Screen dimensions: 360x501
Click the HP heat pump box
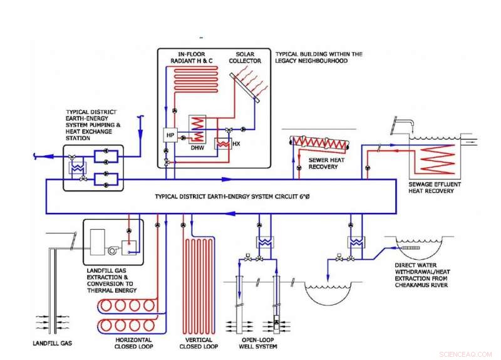pyautogui.click(x=169, y=135)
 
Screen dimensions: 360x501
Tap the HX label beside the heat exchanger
pyautogui.click(x=235, y=143)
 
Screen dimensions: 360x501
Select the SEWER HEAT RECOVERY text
pyautogui.click(x=324, y=163)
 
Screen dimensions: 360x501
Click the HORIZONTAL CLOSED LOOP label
pyautogui.click(x=133, y=343)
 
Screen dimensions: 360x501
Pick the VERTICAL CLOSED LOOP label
pyautogui.click(x=199, y=343)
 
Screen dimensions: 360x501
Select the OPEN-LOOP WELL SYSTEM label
pyautogui.click(x=259, y=343)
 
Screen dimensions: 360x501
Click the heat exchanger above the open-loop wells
pyautogui.click(x=261, y=242)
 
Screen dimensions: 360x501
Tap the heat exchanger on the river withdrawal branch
pyautogui.click(x=357, y=242)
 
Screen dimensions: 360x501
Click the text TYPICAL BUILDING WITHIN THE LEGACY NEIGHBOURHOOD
pyautogui.click(x=318, y=58)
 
